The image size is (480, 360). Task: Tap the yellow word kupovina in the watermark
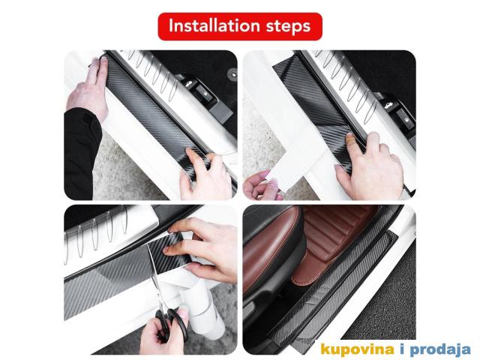coord(357,349)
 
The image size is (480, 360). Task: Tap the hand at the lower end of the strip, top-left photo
coord(205,175)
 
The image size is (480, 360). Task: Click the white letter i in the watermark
coord(402,349)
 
